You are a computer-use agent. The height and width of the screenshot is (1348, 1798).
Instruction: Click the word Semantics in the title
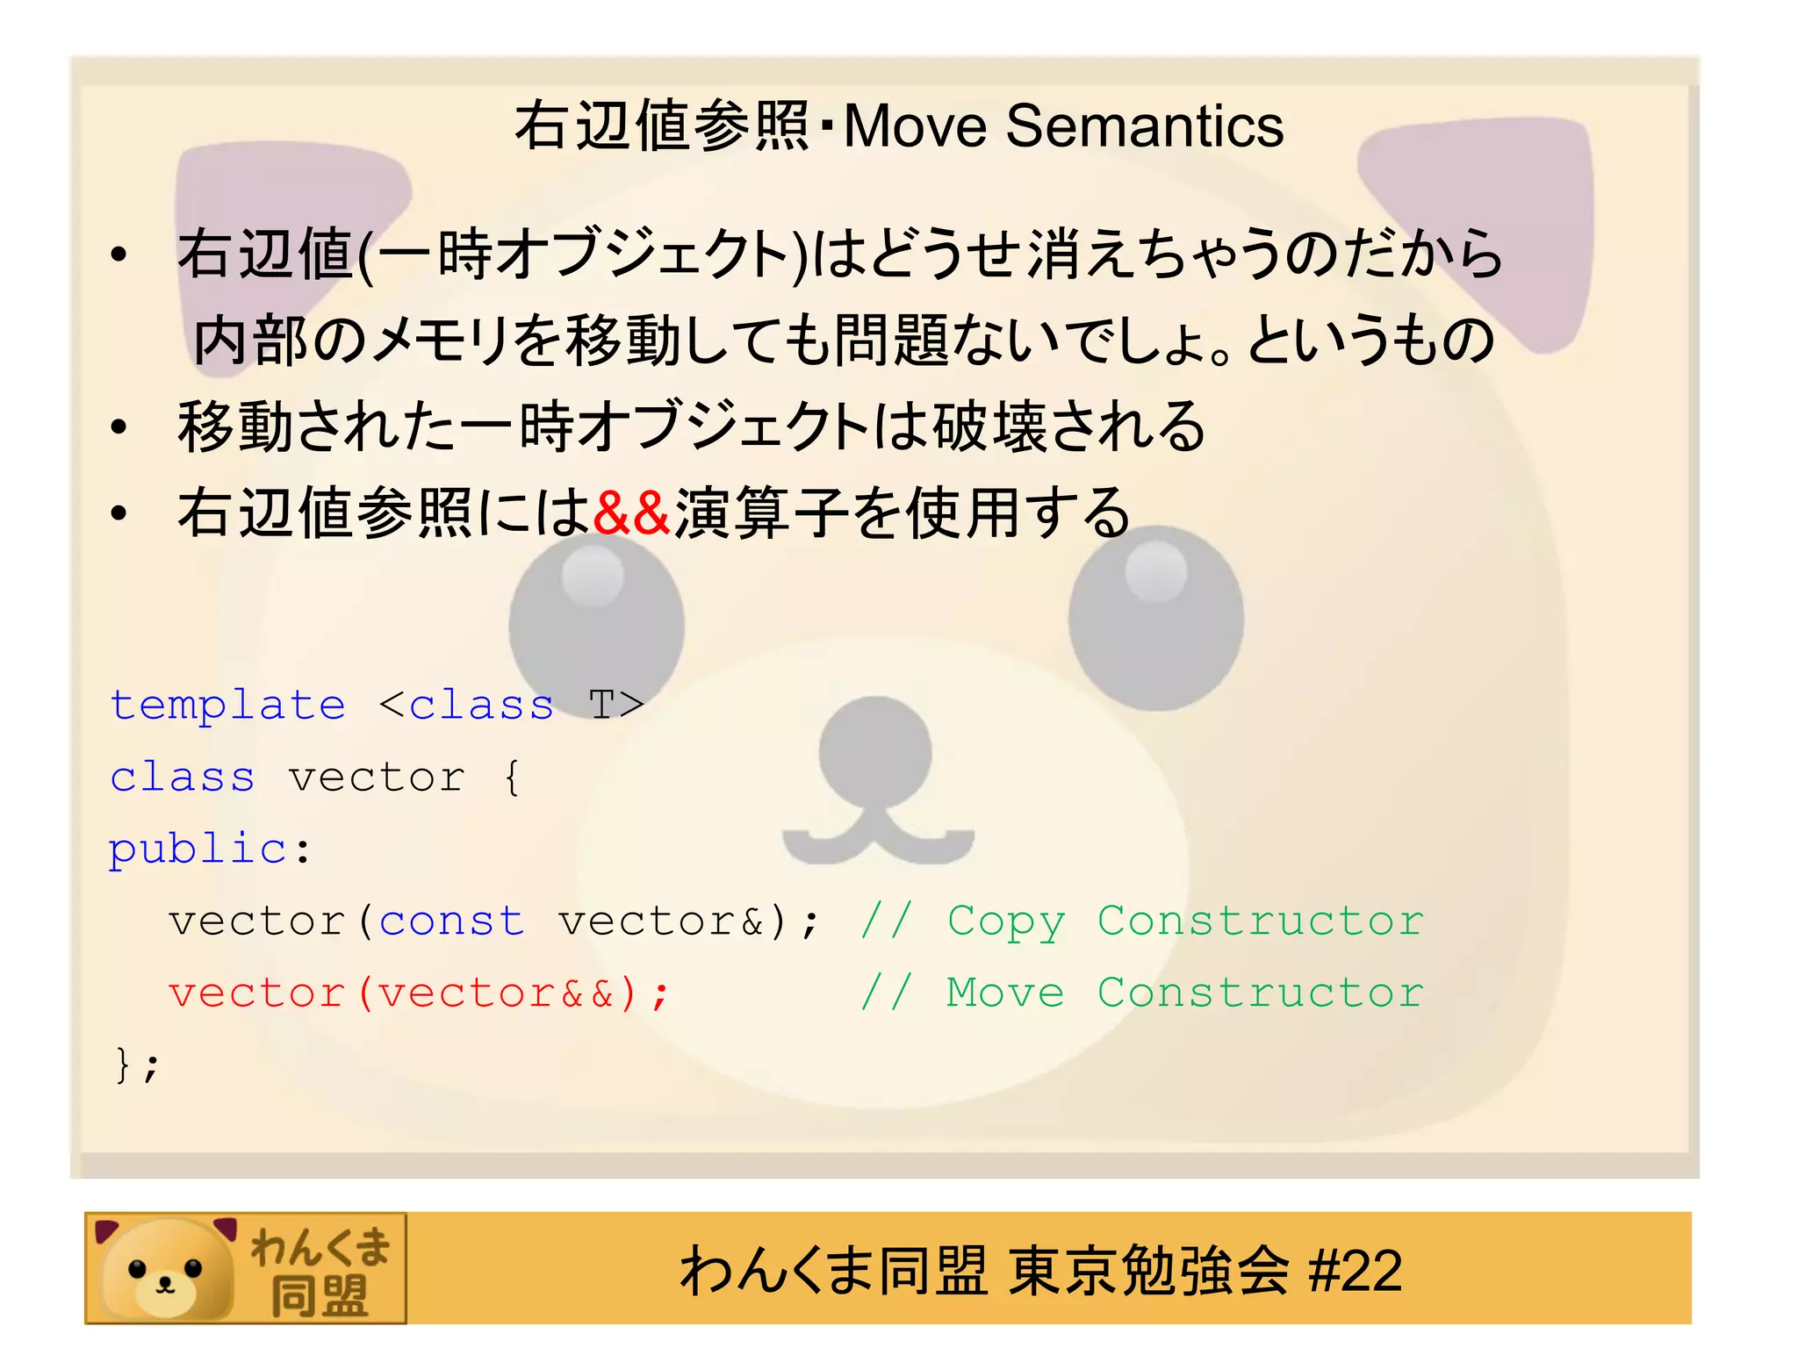pos(1144,126)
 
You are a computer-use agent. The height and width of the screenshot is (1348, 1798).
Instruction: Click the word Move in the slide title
pos(916,126)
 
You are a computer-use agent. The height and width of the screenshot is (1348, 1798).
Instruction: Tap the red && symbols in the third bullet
pos(631,513)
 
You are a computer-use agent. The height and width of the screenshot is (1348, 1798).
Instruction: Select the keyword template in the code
pos(228,706)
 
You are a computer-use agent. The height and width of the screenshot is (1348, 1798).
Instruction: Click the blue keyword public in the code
pos(198,850)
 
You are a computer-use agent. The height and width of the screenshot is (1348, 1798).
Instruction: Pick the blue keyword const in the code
pos(451,921)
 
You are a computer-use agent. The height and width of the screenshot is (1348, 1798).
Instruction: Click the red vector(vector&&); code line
pos(419,993)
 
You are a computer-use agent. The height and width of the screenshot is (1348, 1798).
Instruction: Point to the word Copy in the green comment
pos(1006,921)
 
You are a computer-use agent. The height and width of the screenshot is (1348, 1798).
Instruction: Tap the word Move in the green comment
pos(1005,993)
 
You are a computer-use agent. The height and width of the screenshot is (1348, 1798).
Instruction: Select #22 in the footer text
pos(1355,1271)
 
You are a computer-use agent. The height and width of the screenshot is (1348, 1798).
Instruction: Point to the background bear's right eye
pos(1155,617)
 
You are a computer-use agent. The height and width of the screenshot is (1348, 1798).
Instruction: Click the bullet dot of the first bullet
pos(119,255)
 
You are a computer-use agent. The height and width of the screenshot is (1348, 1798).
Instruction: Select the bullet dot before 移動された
pos(119,428)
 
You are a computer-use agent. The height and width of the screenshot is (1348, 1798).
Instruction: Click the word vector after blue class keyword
pos(377,778)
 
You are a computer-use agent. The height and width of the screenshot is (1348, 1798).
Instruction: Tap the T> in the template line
pos(616,706)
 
